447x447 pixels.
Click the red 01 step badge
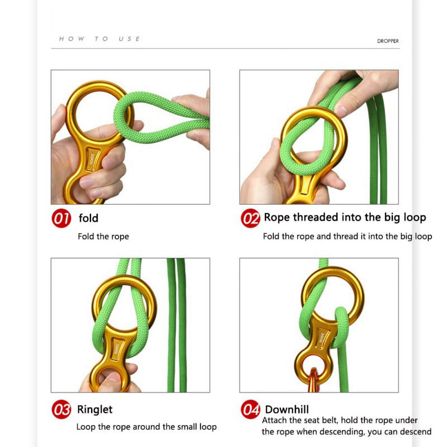tap(61, 218)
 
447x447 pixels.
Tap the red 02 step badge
tap(250, 218)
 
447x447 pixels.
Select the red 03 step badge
tap(61, 409)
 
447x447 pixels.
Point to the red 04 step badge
tap(250, 409)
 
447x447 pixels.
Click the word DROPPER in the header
tap(388, 41)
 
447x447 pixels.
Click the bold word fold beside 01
tap(88, 218)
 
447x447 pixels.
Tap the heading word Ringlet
tap(95, 410)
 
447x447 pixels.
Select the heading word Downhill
tap(287, 410)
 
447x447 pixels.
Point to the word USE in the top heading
tap(129, 39)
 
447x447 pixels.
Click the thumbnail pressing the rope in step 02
tap(341, 111)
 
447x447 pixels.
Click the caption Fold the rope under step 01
tap(103, 236)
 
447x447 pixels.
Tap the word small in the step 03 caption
tap(180, 427)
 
